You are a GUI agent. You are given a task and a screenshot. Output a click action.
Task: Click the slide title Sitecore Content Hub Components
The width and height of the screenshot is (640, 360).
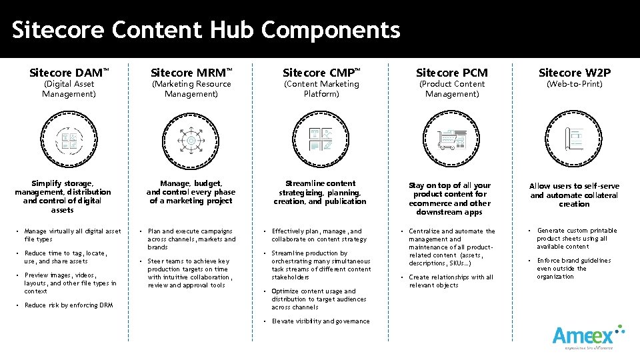pyautogui.click(x=206, y=30)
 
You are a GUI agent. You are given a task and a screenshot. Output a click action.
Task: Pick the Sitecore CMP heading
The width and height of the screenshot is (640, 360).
pyautogui.click(x=321, y=72)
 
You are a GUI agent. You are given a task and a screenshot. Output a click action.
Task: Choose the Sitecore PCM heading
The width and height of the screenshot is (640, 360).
pyautogui.click(x=452, y=72)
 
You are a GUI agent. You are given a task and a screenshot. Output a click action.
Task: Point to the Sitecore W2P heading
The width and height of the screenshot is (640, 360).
pyautogui.click(x=574, y=72)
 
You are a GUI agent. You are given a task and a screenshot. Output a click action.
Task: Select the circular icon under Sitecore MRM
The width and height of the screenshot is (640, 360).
pyautogui.click(x=191, y=141)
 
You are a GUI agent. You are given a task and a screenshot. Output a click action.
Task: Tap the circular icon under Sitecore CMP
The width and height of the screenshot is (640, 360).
pyautogui.click(x=321, y=141)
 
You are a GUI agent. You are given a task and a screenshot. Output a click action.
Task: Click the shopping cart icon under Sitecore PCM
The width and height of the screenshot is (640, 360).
pyautogui.click(x=452, y=141)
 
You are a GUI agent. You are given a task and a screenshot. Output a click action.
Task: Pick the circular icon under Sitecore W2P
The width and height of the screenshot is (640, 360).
pyautogui.click(x=574, y=141)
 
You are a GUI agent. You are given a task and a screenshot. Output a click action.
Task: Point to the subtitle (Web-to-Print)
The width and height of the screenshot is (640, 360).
pyautogui.click(x=574, y=84)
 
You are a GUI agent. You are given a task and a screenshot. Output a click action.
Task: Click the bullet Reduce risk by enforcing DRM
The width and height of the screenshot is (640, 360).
pyautogui.click(x=68, y=305)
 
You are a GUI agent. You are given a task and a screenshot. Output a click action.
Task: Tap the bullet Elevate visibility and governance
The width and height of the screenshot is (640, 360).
pyautogui.click(x=320, y=321)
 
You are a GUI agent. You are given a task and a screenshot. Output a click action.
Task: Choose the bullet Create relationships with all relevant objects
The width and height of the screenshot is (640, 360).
pyautogui.click(x=451, y=281)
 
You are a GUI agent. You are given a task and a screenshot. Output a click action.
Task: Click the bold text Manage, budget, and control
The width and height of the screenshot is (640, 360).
pyautogui.click(x=191, y=191)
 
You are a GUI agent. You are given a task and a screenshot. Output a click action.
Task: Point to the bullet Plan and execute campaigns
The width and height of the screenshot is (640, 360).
pyautogui.click(x=191, y=239)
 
